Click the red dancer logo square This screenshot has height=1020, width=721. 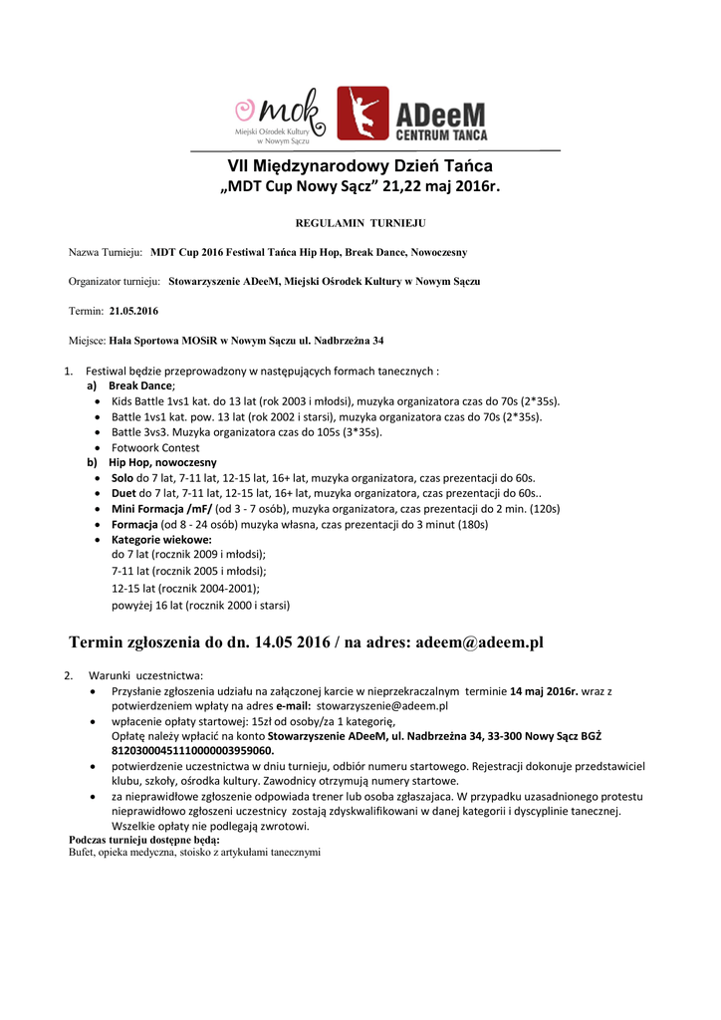362,113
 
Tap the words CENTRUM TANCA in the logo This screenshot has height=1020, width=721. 441,132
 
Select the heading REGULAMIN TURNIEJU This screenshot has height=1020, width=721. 360,224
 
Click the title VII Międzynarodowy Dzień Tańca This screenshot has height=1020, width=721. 360,165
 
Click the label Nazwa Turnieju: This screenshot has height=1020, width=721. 105,252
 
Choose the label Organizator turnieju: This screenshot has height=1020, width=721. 115,282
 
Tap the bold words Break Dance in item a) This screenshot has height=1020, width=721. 140,385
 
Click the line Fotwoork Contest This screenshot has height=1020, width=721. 155,447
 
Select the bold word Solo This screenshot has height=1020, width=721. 122,478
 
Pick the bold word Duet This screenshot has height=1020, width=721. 123,493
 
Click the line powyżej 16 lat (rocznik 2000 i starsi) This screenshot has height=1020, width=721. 200,605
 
